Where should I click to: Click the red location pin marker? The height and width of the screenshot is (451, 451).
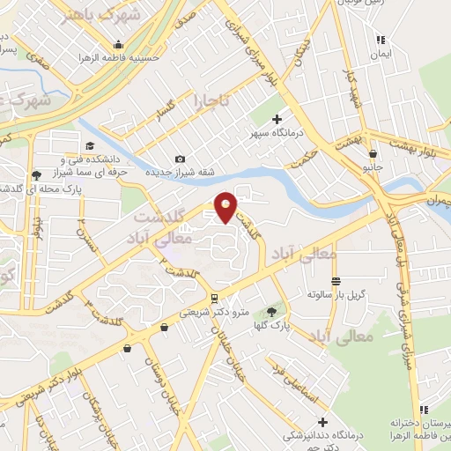point(226,206)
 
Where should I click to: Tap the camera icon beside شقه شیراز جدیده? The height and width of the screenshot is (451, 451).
point(180,159)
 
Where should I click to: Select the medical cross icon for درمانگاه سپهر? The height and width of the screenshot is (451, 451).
point(277,118)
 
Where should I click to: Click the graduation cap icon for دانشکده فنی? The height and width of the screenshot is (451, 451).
point(89,146)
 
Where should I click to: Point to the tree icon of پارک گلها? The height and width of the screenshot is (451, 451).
point(271,311)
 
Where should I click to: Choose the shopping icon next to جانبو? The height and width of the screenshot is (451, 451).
point(373,154)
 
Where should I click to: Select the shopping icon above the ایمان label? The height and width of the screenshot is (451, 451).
point(381,40)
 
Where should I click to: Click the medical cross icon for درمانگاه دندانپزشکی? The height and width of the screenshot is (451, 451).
point(322,422)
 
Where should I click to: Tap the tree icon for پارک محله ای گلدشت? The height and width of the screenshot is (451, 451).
point(34,174)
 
